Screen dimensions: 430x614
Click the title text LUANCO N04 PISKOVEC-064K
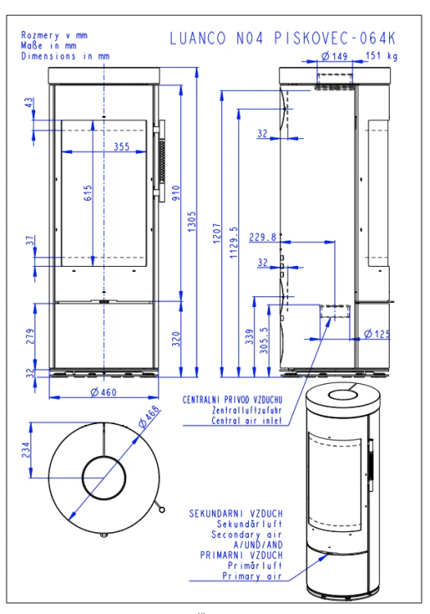point(283,38)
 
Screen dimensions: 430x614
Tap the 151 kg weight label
point(382,56)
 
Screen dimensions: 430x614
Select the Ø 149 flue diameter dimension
point(334,56)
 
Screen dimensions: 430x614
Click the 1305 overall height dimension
point(192,222)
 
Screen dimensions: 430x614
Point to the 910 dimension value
point(176,193)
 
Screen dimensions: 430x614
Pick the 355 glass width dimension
point(121,147)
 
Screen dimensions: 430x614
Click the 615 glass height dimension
point(88,193)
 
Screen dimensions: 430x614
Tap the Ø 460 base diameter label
point(103,392)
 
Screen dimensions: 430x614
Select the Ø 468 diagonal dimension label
point(150,417)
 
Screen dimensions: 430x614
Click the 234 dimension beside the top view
point(26,450)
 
